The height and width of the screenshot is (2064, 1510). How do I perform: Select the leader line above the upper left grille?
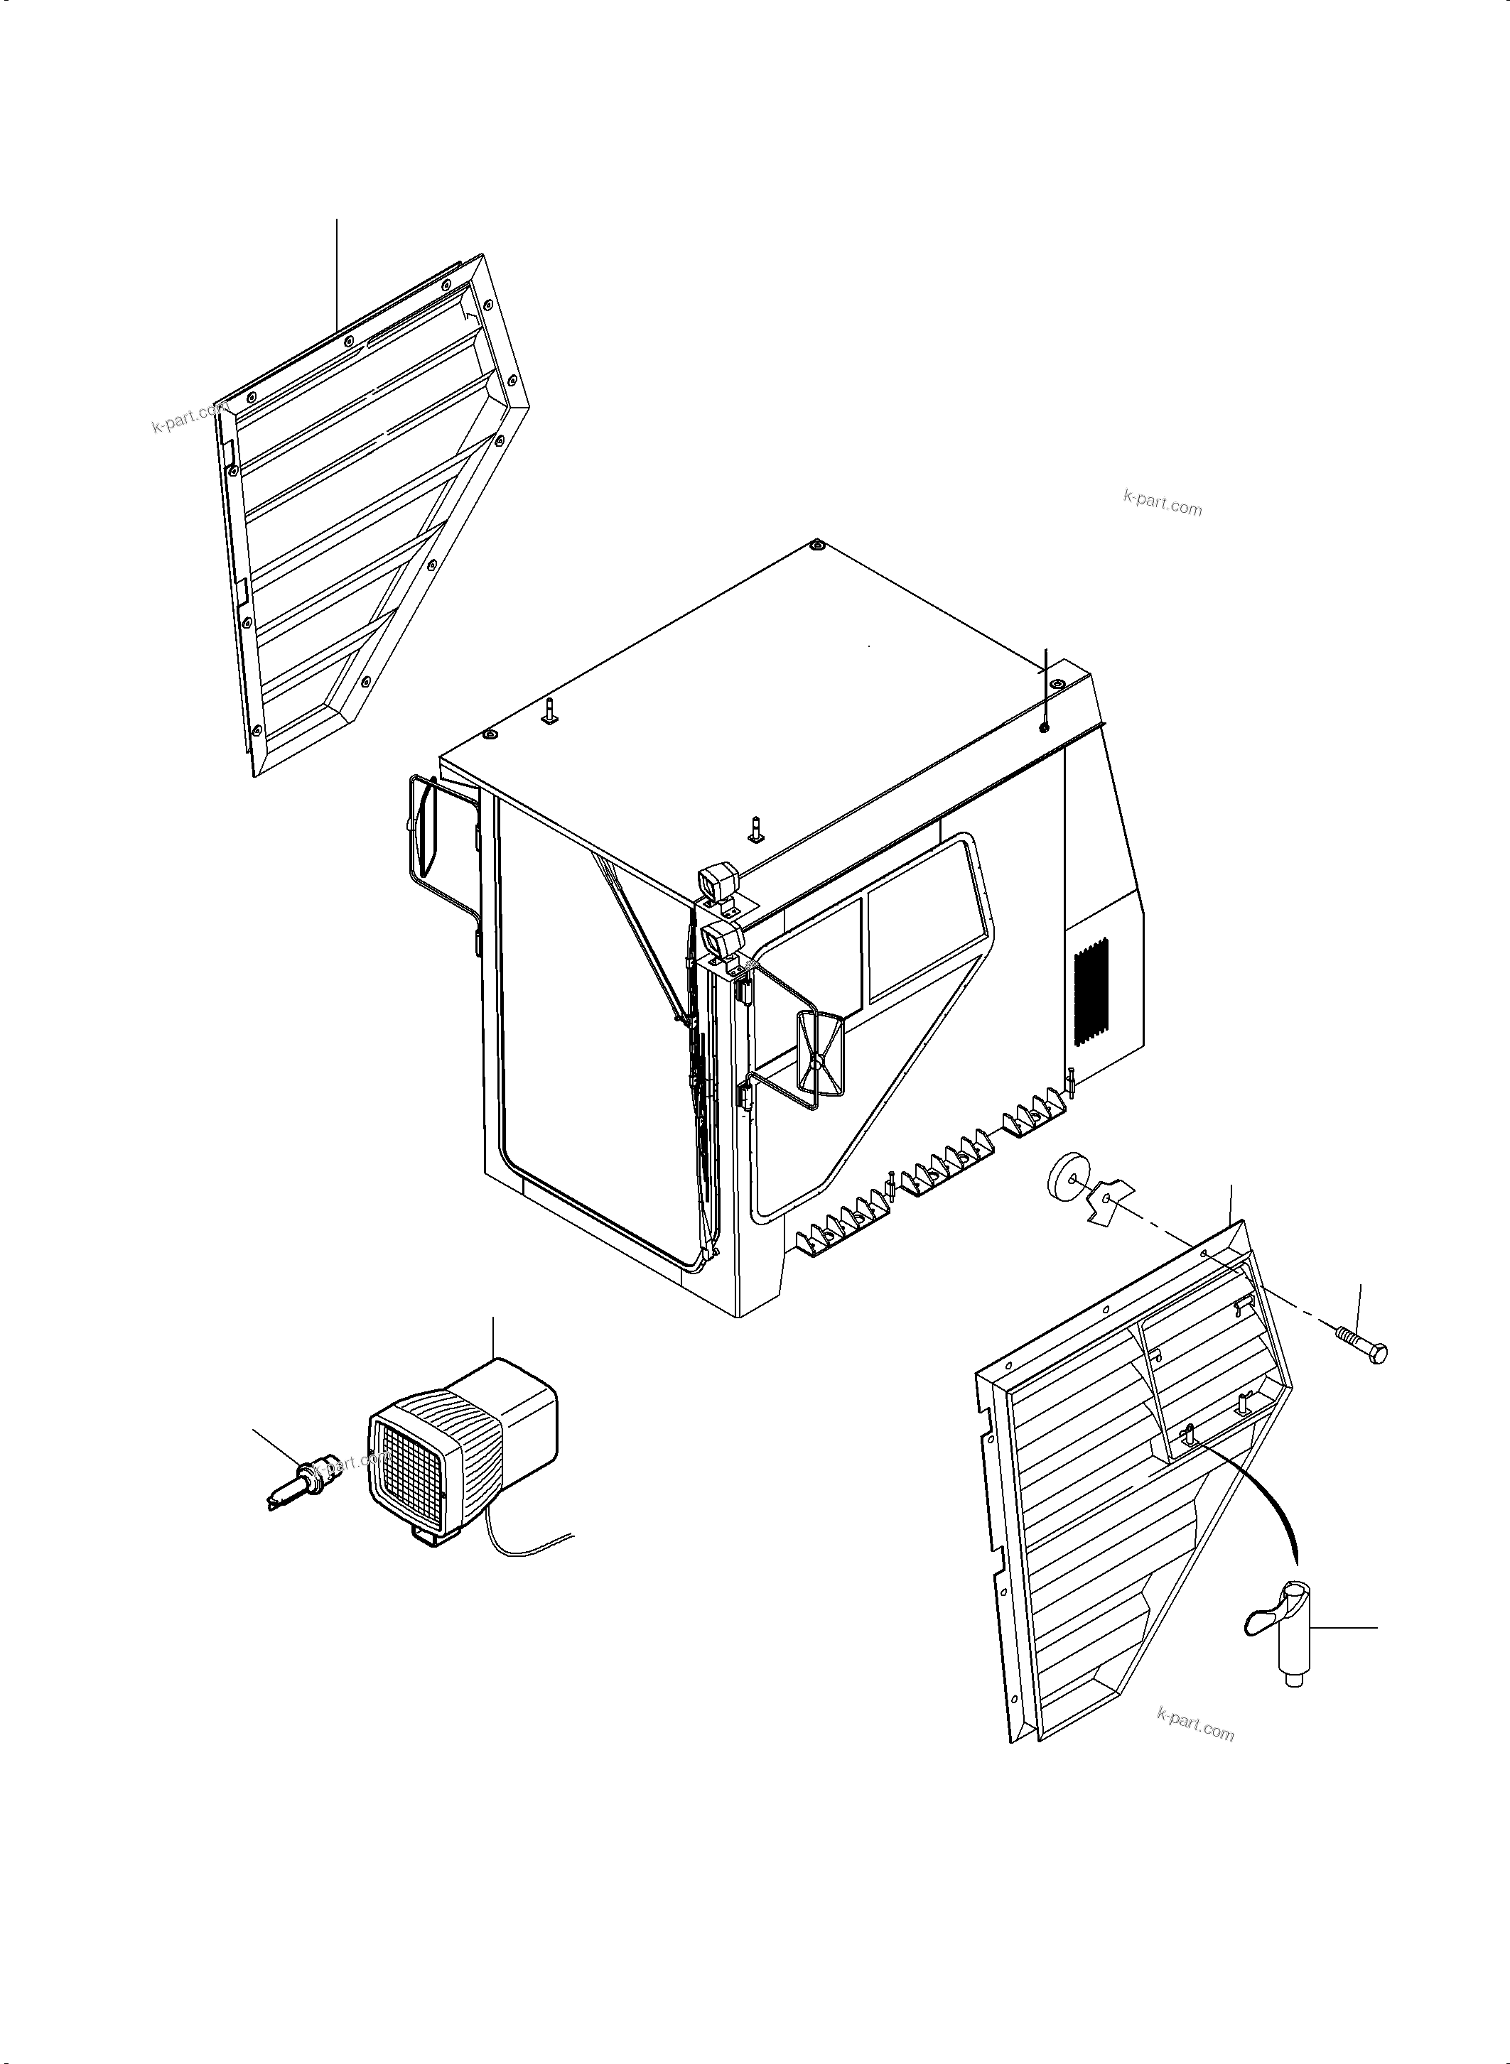[338, 274]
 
